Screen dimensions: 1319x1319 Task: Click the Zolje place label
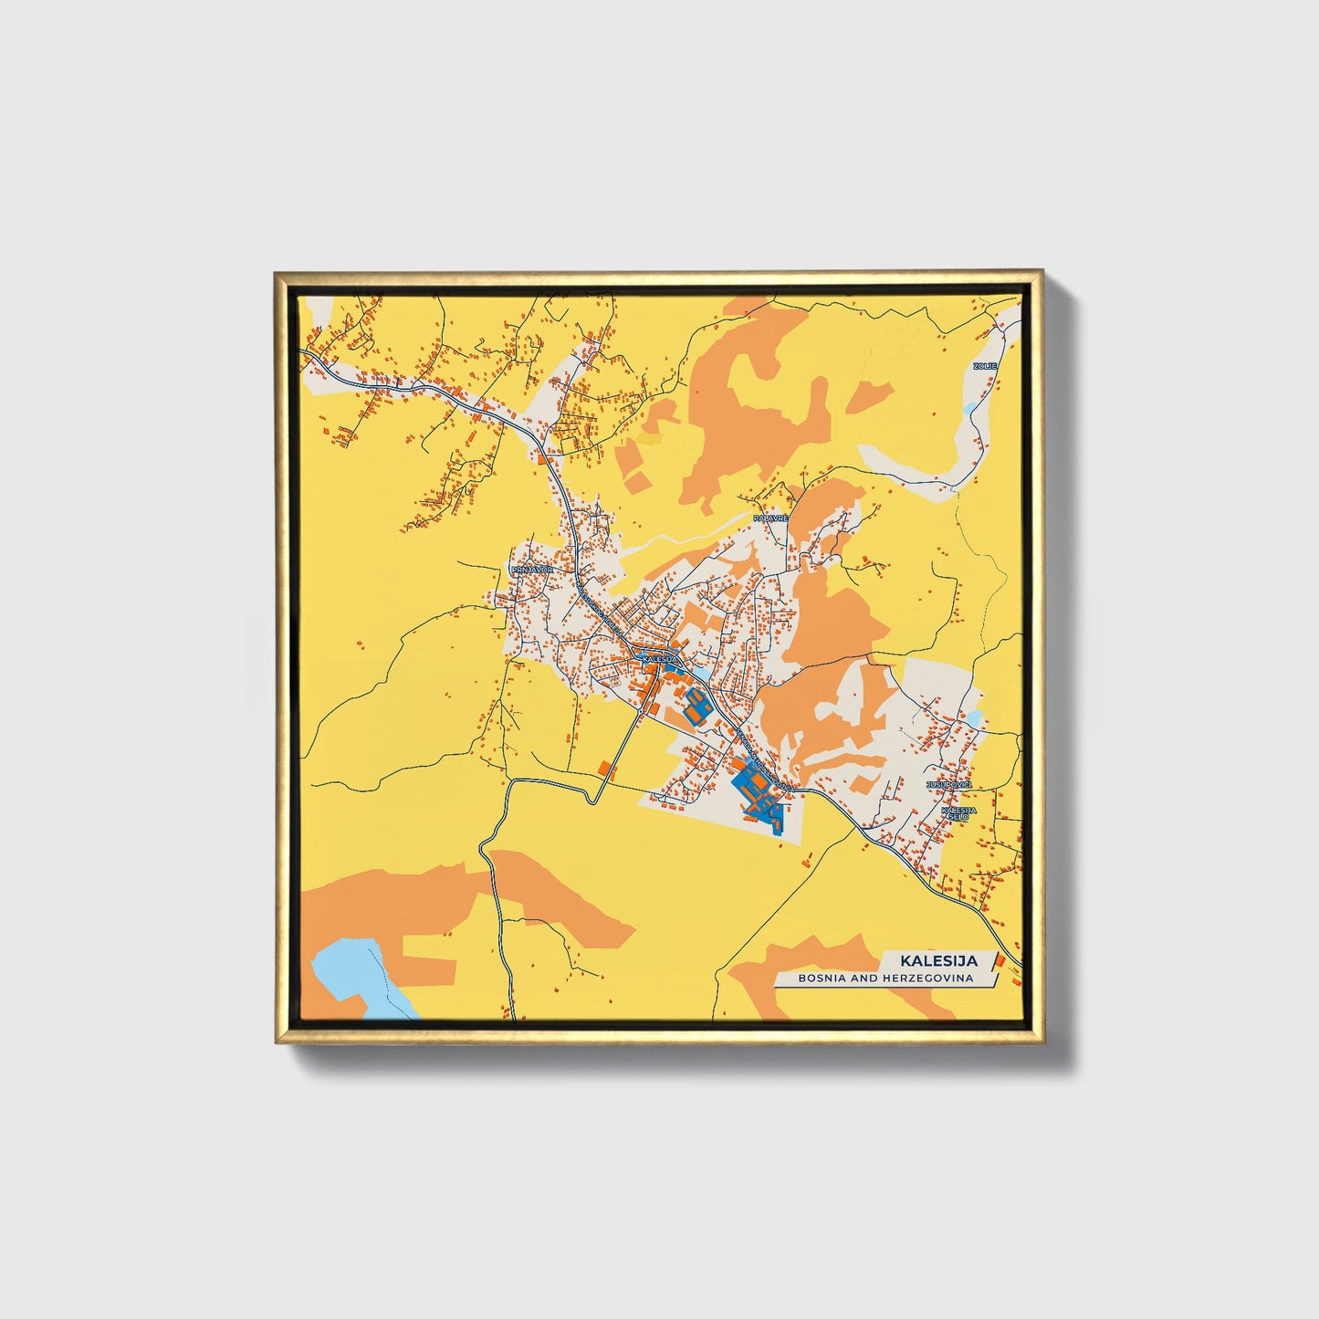[x=985, y=366]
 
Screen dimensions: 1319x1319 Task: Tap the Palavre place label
[x=769, y=518]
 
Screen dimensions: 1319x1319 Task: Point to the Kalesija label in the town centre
[x=658, y=658]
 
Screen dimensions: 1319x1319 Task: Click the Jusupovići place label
[x=949, y=785]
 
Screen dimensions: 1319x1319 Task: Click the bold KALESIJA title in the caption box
[x=938, y=960]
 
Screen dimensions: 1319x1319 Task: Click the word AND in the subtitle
[x=868, y=979]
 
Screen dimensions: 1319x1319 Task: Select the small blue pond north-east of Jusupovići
[x=976, y=719]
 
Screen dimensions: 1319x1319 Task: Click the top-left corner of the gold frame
[x=276, y=273]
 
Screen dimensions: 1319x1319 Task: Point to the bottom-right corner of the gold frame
[x=1042, y=1042]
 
